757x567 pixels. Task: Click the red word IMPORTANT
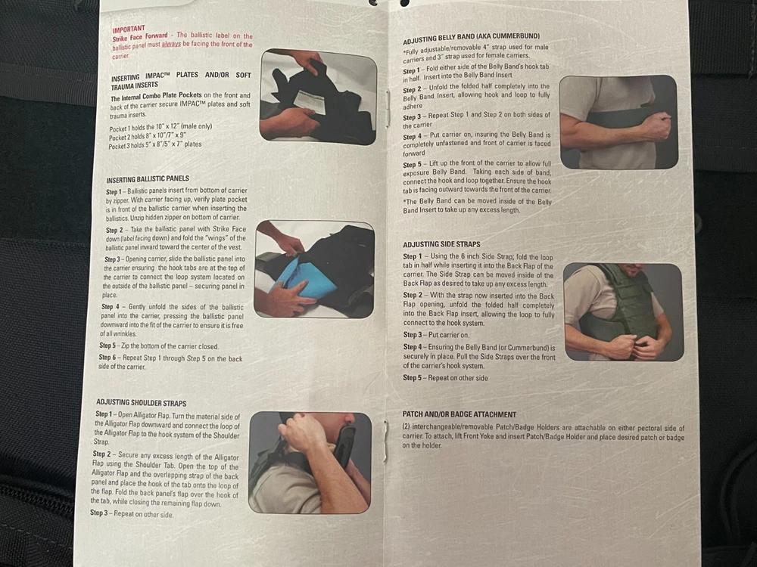(x=129, y=30)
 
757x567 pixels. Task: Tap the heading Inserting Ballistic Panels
(x=148, y=179)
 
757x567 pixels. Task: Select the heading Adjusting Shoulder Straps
(x=141, y=403)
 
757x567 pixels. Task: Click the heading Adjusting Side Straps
(x=442, y=244)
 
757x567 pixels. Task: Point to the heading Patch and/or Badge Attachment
(x=459, y=414)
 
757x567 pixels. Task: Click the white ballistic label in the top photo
(x=309, y=101)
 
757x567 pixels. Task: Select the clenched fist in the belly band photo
(x=656, y=125)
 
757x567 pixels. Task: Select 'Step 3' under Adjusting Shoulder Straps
(x=99, y=513)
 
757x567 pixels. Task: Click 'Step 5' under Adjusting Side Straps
(x=413, y=378)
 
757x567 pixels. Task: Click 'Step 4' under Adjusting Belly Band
(x=413, y=135)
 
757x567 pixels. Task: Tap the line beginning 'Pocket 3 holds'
(x=155, y=145)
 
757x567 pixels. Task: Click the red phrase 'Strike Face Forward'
(x=140, y=37)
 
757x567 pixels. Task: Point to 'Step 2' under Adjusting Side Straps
(x=413, y=295)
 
